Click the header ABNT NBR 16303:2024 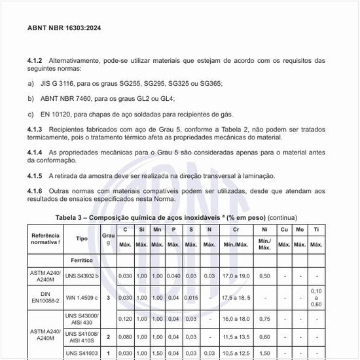[63, 28]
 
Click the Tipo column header [82, 239]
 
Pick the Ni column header [264, 230]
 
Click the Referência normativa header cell [45, 239]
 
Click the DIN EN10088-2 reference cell [45, 298]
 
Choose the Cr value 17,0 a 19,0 [236, 276]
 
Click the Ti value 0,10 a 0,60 [316, 298]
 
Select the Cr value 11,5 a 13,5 [236, 337]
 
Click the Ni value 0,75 [264, 319]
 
